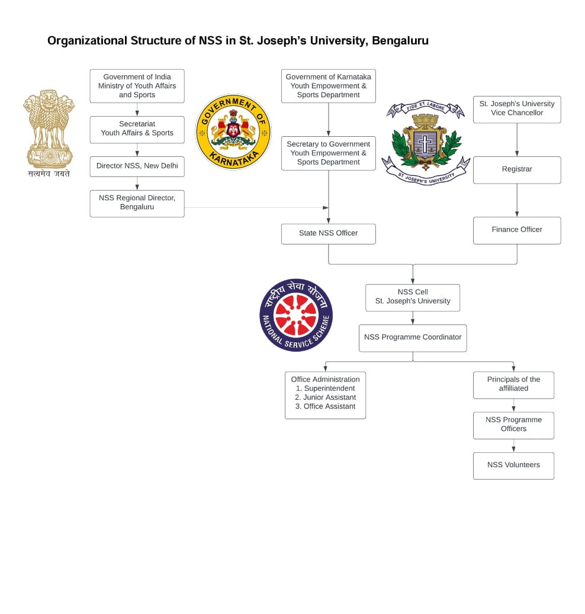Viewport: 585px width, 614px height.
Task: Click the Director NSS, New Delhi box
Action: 137,166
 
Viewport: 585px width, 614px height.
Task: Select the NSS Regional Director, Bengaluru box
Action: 137,203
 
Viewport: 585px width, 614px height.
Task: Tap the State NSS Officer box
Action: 328,233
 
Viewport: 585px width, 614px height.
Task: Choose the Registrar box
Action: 516,169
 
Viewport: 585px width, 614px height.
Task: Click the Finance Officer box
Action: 516,230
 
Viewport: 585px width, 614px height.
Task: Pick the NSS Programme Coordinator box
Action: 412,337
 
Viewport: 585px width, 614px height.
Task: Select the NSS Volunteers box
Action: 513,465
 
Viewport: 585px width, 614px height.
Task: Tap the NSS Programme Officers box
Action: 513,425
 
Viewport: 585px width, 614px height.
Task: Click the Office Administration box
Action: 325,394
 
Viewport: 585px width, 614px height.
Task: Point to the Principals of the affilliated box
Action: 513,384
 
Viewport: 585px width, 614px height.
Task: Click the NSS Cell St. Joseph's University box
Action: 412,297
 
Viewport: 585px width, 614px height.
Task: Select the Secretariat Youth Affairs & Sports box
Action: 137,129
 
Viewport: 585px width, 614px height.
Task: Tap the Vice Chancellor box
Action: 516,109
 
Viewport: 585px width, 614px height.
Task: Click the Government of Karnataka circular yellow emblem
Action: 233,131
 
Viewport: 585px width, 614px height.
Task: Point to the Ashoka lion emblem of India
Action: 49,129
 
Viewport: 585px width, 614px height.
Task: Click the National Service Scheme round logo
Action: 295,315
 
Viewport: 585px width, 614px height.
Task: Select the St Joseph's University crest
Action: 425,142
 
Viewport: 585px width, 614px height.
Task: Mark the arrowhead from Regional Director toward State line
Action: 325,208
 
